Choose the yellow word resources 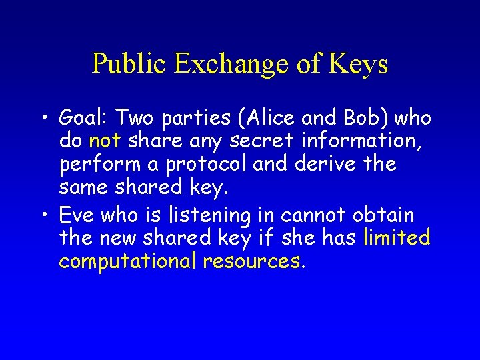(254, 261)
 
